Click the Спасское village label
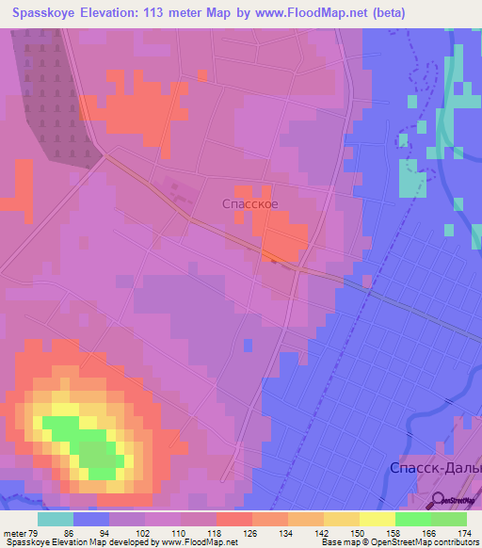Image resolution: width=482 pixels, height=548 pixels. pos(249,202)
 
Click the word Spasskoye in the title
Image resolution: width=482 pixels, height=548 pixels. pos(44,13)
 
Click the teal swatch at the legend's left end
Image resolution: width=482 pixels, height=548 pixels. pos(56,519)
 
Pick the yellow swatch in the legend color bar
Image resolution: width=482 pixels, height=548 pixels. pos(377,519)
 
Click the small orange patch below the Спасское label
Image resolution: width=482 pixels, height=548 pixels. pos(283,243)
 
